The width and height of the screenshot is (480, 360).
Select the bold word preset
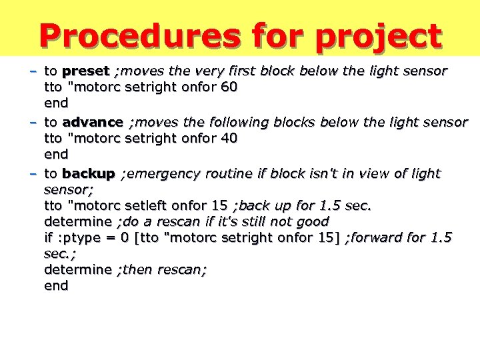(85, 71)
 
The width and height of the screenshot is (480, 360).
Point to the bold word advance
(92, 122)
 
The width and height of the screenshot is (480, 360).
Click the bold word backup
(89, 173)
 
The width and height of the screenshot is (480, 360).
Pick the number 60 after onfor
(230, 87)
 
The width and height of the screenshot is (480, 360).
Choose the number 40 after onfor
(230, 138)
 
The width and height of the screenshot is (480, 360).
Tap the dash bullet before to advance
(32, 122)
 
